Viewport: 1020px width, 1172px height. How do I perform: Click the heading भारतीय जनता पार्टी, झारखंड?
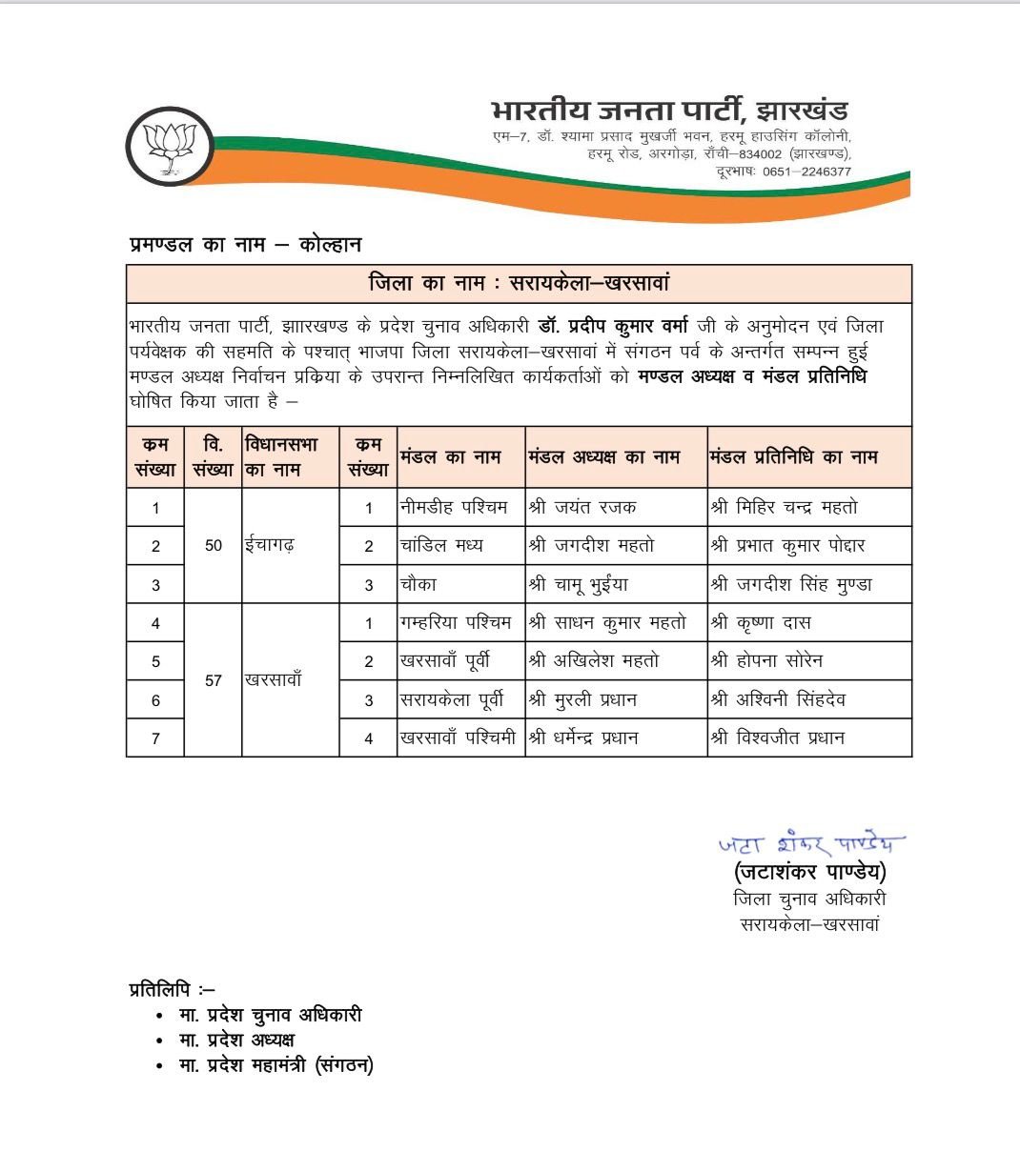pos(669,111)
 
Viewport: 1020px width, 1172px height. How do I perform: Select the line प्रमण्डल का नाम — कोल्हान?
pos(245,245)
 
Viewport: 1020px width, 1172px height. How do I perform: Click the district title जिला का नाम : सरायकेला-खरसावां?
pos(519,284)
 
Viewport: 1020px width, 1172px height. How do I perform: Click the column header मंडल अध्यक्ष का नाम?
pos(604,457)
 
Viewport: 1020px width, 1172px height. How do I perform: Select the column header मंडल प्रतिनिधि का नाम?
pos(793,457)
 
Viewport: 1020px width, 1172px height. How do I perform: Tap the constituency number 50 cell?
pos(214,546)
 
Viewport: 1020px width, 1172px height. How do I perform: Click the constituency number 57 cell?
pos(214,680)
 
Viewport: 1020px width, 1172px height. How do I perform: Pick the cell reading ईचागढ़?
pos(270,546)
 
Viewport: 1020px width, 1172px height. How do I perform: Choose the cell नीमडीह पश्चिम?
pos(454,508)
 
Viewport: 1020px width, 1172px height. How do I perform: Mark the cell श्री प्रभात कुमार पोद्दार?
pos(787,546)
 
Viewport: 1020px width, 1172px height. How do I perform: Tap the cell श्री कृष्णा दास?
pos(761,623)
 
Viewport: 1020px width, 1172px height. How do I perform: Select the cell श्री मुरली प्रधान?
pos(582,700)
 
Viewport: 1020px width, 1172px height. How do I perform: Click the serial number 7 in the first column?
pos(155,738)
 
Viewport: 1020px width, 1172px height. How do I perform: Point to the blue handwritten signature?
pos(809,843)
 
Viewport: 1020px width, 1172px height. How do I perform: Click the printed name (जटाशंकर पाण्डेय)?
pos(810,872)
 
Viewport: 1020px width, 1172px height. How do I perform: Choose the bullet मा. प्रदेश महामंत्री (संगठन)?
pos(276,1065)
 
